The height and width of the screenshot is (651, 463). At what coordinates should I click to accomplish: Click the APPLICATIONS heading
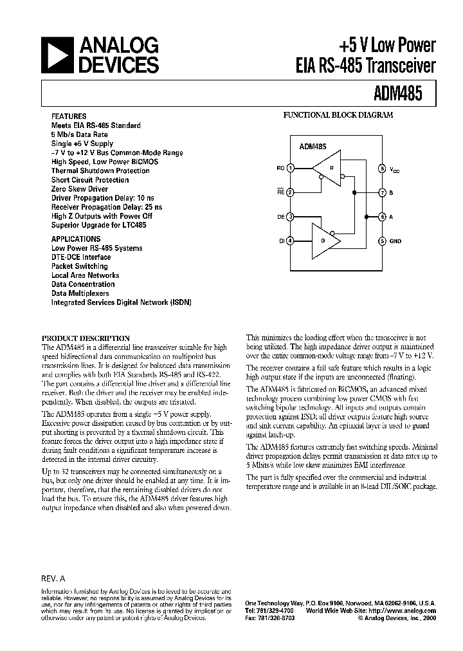(76, 239)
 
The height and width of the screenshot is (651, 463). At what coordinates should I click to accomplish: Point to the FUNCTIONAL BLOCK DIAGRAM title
(338, 116)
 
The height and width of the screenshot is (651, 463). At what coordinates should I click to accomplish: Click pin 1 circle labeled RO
(290, 169)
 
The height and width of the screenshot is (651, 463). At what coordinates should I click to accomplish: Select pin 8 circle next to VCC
(382, 169)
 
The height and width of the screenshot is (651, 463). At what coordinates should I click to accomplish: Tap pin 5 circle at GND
(382, 241)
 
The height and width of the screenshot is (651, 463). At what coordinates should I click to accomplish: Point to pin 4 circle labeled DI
(290, 241)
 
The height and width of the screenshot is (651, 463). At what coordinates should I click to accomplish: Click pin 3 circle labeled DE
(290, 217)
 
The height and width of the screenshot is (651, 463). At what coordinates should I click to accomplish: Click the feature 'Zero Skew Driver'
(80, 189)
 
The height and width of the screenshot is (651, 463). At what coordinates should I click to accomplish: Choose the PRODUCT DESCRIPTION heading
(86, 338)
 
